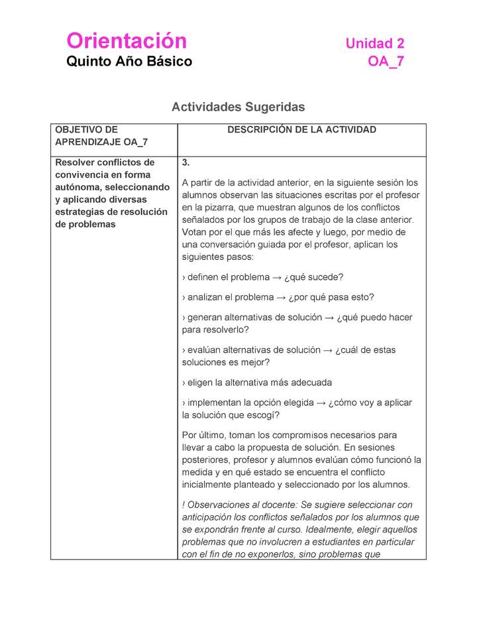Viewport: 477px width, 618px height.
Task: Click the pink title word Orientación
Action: (x=127, y=41)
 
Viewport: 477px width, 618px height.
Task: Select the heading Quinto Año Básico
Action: (x=129, y=62)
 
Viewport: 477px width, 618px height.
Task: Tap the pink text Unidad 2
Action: (x=374, y=44)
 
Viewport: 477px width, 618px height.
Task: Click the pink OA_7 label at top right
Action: (x=386, y=62)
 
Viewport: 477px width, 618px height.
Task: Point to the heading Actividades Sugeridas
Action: (x=238, y=107)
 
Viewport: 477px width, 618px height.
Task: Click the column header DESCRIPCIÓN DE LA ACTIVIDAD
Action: (x=301, y=130)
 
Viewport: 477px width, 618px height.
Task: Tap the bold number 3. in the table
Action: (x=186, y=162)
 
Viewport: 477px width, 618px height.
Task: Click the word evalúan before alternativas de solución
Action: (x=205, y=349)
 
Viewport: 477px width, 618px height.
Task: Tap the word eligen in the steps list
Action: (x=201, y=383)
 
